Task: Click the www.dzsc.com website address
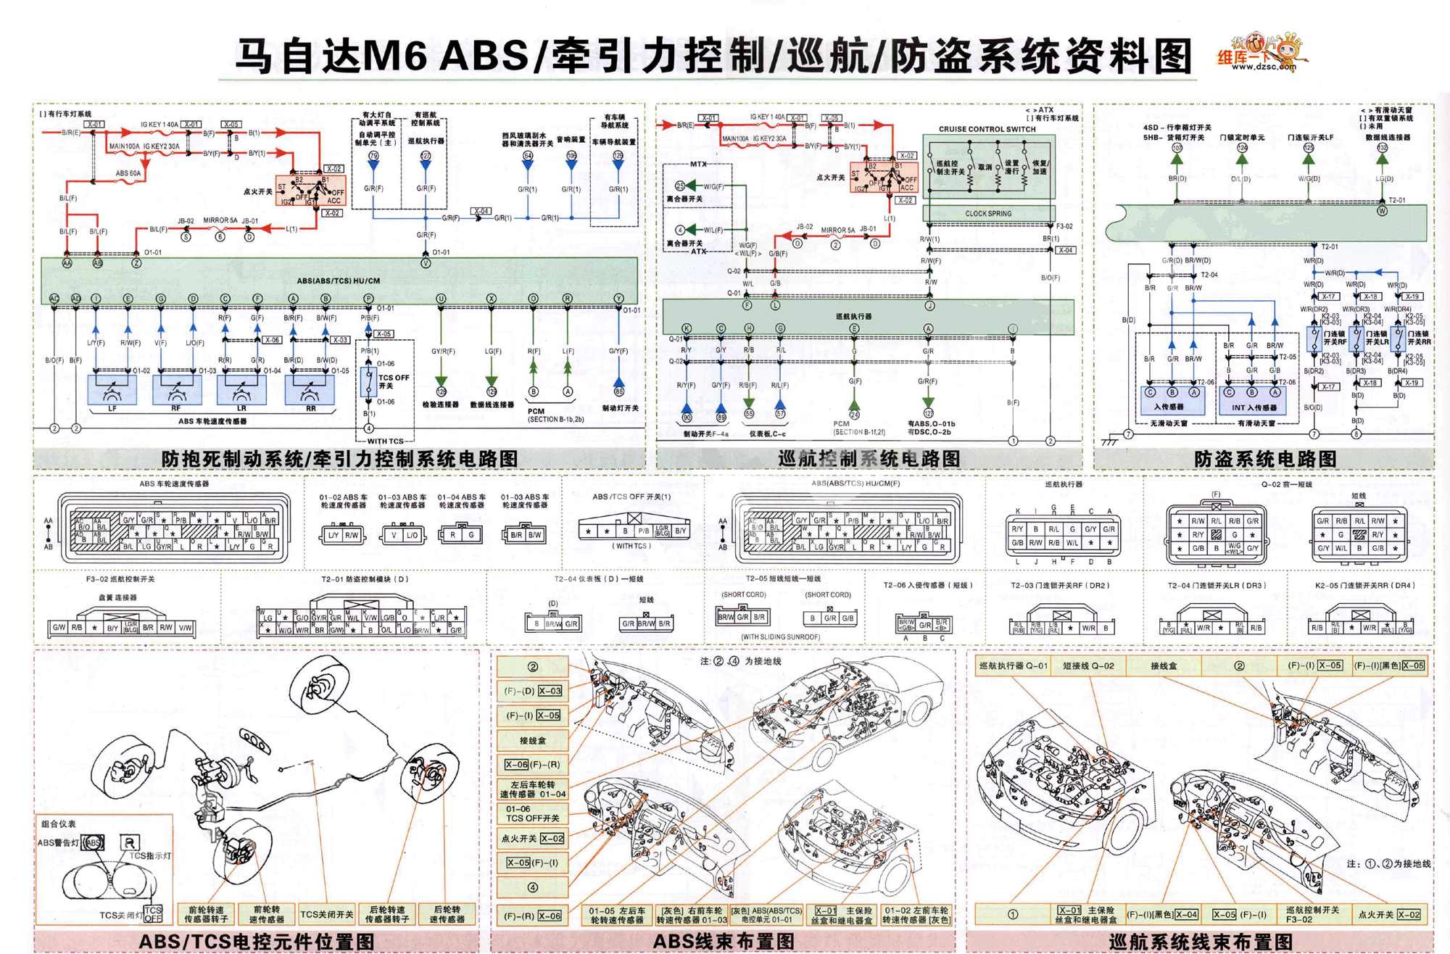[1263, 67]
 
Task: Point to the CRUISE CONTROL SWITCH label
[987, 129]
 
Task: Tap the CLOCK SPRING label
[987, 214]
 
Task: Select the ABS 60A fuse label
[128, 174]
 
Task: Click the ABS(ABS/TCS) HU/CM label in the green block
[338, 281]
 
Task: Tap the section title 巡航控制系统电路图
[869, 459]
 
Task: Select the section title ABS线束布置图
[724, 941]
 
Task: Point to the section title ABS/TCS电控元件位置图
[257, 941]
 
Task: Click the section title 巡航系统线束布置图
[1201, 941]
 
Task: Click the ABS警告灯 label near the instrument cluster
[58, 842]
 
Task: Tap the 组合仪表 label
[58, 824]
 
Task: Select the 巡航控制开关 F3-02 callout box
[1312, 914]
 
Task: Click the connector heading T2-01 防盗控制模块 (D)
[365, 579]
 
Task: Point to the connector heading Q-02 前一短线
[1286, 484]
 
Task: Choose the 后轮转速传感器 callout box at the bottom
[447, 914]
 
